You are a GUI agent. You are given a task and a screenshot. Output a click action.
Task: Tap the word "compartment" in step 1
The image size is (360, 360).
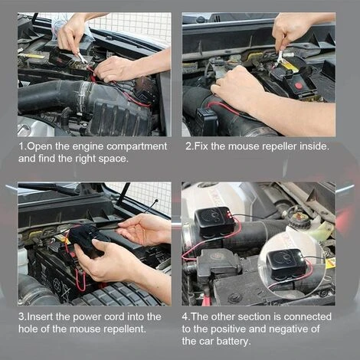tap(136, 147)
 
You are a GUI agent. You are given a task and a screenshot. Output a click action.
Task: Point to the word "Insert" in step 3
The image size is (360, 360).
tap(40, 316)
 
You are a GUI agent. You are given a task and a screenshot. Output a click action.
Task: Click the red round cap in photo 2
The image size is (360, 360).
tap(298, 85)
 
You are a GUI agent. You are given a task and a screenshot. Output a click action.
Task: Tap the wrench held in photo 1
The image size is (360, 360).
tap(81, 57)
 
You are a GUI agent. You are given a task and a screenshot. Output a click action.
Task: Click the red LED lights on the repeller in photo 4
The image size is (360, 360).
tap(230, 213)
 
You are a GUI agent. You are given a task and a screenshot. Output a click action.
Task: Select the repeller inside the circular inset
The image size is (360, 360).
tap(286, 263)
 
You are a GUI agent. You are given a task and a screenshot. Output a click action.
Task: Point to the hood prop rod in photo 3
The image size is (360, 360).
tap(123, 194)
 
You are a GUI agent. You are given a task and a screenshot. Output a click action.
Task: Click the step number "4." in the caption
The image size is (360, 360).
tap(185, 317)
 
